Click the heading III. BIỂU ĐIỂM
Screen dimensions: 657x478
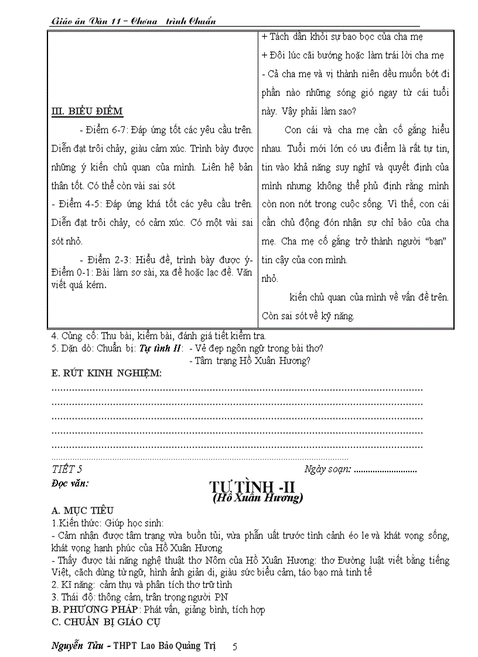(x=87, y=112)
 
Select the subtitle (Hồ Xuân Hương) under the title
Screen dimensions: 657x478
(x=257, y=498)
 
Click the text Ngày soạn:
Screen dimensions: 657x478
(x=327, y=469)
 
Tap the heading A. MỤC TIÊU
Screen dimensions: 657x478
(x=83, y=511)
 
